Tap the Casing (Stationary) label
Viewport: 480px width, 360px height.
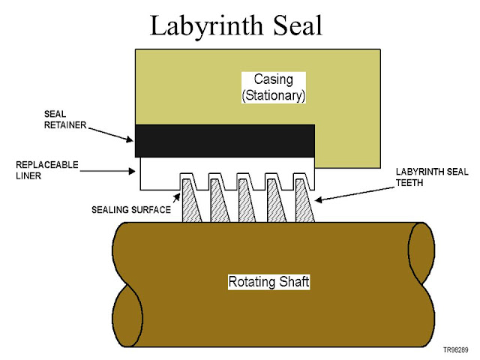point(273,85)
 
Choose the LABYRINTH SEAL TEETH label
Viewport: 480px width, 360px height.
point(429,176)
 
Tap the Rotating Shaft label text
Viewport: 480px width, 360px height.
point(268,283)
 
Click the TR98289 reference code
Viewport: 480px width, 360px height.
point(457,349)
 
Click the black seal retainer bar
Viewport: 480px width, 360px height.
point(224,141)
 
